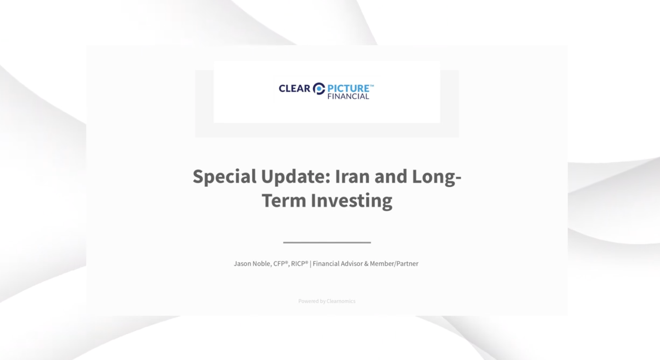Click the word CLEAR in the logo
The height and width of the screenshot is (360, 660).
pos(294,88)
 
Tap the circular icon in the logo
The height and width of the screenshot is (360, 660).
pos(319,89)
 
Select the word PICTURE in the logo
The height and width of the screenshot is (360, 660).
pos(349,88)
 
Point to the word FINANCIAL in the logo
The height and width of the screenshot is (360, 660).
pos(348,96)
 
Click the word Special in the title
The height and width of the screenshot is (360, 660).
pos(224,177)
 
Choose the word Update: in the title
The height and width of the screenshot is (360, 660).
pos(296,177)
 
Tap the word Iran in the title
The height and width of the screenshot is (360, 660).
pos(352,176)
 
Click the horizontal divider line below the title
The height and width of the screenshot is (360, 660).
pos(327,243)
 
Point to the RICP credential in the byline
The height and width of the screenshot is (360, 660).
pos(299,264)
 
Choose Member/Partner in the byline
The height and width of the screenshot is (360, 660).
pos(394,264)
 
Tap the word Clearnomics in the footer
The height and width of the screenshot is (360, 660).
pos(341,301)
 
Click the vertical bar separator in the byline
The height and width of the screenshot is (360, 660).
pos(310,264)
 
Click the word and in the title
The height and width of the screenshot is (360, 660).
pos(391,176)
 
